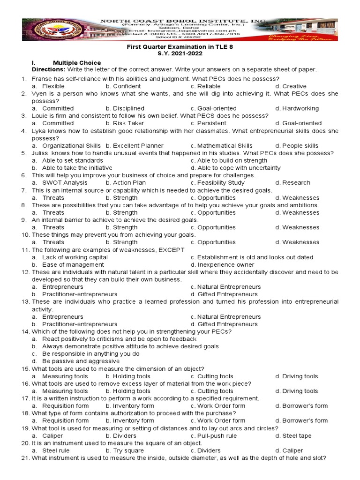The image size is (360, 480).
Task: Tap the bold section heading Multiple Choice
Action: point(76,62)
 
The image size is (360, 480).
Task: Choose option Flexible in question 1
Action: point(53,86)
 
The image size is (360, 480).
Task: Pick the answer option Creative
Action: point(294,86)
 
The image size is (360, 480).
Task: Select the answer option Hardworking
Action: point(300,108)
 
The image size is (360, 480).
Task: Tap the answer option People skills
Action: point(300,146)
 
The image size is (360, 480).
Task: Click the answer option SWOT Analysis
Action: point(65,183)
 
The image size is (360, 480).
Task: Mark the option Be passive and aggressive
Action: point(81,361)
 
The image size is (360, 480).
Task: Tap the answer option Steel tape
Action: point(297,435)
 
